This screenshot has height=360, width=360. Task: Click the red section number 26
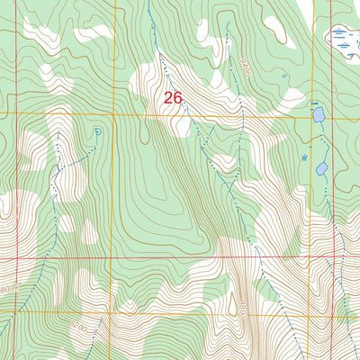pyautogui.click(x=174, y=96)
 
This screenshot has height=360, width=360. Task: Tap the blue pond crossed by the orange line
pyautogui.click(x=319, y=115)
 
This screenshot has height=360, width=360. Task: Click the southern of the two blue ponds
pyautogui.click(x=321, y=167)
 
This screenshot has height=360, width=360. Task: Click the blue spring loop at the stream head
pyautogui.click(x=96, y=132)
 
